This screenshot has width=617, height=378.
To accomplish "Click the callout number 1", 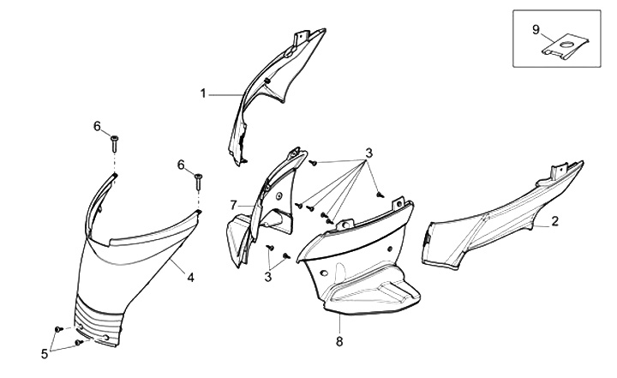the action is point(203,93).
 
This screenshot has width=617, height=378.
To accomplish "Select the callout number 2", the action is point(554,221).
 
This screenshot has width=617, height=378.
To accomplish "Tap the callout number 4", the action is point(190,278).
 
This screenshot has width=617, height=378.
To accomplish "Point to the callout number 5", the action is point(45,354).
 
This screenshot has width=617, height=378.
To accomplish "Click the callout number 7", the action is point(234,205).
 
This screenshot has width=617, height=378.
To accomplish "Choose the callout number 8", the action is point(339,341).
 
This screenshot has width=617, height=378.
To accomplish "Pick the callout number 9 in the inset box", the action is point(536,29).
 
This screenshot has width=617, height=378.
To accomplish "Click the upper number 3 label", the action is point(368,153).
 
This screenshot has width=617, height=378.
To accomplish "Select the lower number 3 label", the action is point(268,277).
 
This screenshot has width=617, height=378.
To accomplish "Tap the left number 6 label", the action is point(97,126).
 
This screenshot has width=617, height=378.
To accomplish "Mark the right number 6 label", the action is point(181,165).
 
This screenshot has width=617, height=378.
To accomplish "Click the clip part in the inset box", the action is point(565,47).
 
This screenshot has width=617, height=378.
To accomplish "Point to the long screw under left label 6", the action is point(114,144).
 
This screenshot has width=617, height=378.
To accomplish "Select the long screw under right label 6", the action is point(198,182).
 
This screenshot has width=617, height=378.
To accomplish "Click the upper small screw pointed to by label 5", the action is point(59,329).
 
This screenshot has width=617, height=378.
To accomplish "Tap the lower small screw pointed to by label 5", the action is point(78,343).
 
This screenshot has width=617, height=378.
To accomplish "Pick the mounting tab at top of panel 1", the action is point(301,38).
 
